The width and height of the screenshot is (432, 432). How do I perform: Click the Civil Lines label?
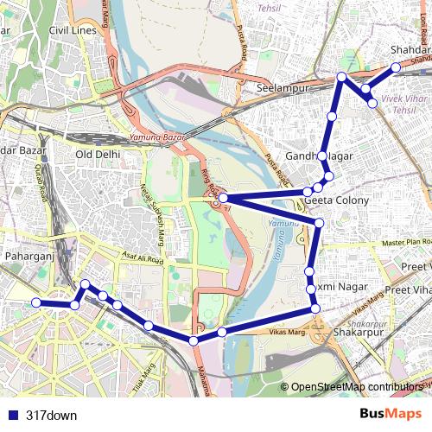73,30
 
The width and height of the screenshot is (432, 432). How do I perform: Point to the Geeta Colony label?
337,200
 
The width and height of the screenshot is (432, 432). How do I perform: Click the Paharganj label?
30,257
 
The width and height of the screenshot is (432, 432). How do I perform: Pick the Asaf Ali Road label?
143,257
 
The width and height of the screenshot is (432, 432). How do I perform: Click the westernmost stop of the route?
36,302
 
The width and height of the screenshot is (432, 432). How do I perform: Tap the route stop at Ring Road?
223,199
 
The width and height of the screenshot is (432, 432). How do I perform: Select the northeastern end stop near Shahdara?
396,67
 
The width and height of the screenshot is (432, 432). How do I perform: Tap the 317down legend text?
52,415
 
